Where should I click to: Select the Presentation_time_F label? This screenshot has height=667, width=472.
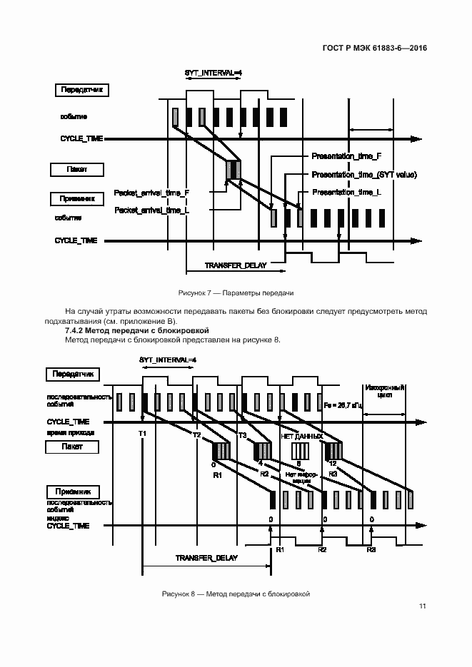pos(347,156)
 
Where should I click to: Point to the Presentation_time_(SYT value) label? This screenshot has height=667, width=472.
pos(364,175)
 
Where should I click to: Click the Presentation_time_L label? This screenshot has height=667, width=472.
pos(346,193)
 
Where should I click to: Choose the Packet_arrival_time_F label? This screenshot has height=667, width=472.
pos(151,193)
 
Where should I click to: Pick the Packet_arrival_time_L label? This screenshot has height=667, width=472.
pos(151,210)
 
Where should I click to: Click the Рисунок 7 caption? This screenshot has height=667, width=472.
pos(236,293)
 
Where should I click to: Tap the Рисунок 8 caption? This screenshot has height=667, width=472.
pos(236,594)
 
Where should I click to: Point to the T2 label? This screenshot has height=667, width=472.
pos(197,434)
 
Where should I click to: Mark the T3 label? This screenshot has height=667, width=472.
pos(242,434)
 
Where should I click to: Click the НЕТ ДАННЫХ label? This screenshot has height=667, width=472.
pos(303,435)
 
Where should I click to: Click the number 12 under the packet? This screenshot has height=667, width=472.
pos(332,464)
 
